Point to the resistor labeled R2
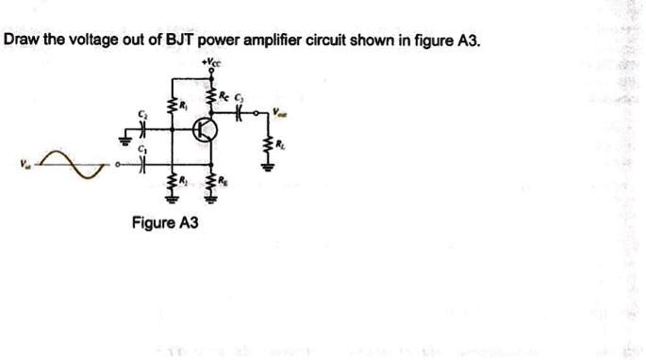[x=172, y=178]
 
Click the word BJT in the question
[x=180, y=41]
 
